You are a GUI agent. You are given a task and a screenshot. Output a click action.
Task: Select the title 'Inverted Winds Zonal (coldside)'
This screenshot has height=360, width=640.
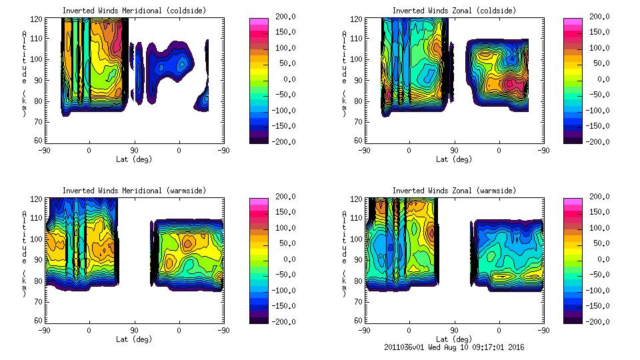[454, 11]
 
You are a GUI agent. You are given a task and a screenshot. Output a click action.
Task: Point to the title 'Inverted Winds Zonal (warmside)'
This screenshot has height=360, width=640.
[454, 191]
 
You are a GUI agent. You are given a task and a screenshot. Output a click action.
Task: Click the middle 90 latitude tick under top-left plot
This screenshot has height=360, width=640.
[134, 151]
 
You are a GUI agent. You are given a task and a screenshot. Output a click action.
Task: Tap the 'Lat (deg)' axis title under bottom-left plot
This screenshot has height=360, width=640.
[133, 339]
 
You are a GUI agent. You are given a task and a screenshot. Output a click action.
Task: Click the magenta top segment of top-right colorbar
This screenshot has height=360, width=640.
[571, 21]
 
